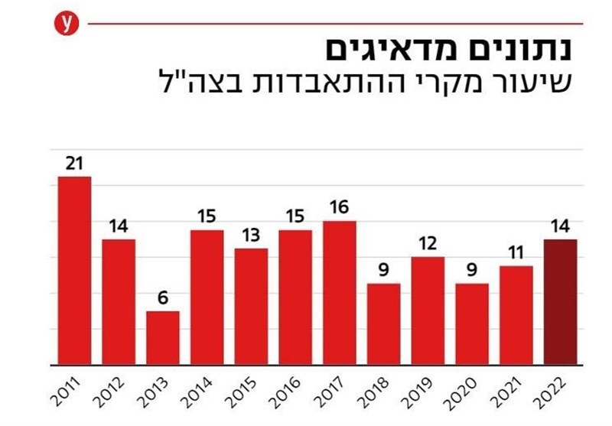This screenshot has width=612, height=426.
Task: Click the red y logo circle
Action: tap(67, 24)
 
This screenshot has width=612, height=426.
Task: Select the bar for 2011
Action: tap(74, 271)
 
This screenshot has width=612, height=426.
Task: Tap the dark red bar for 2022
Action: tap(561, 302)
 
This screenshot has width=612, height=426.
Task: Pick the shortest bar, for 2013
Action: tap(163, 338)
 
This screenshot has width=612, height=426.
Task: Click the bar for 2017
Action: tap(340, 293)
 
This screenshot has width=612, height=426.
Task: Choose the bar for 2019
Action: tap(428, 311)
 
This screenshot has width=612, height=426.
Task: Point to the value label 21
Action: tap(74, 163)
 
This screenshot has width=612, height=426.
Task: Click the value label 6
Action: tap(163, 298)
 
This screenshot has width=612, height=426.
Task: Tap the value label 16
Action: tap(339, 207)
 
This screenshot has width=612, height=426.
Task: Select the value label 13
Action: tap(251, 236)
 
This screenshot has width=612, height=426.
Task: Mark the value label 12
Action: tap(428, 244)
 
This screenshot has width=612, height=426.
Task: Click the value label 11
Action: tap(516, 253)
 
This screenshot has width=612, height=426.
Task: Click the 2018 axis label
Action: tap(375, 392)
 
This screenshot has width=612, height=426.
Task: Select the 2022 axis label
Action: tap(552, 392)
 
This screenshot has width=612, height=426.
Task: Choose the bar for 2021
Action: tap(516, 316)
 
